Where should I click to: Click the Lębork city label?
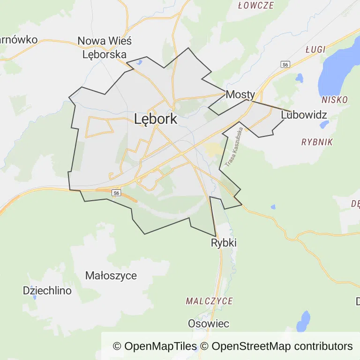[156, 119]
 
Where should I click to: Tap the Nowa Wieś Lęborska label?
[105, 47]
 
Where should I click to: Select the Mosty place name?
[240, 94]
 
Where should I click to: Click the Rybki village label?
[224, 243]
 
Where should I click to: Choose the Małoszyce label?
[111, 276]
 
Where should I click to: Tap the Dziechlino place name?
[47, 291]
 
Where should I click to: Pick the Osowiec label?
[209, 323]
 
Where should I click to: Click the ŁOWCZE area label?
[255, 6]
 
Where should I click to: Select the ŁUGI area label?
[315, 50]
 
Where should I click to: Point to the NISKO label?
[335, 100]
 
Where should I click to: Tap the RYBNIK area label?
[317, 142]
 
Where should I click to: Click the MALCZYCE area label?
[209, 301]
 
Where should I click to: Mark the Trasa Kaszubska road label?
[233, 148]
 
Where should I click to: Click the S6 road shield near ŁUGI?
[285, 64]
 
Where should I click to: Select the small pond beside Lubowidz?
[324, 125]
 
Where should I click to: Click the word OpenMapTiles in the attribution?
[160, 346]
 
